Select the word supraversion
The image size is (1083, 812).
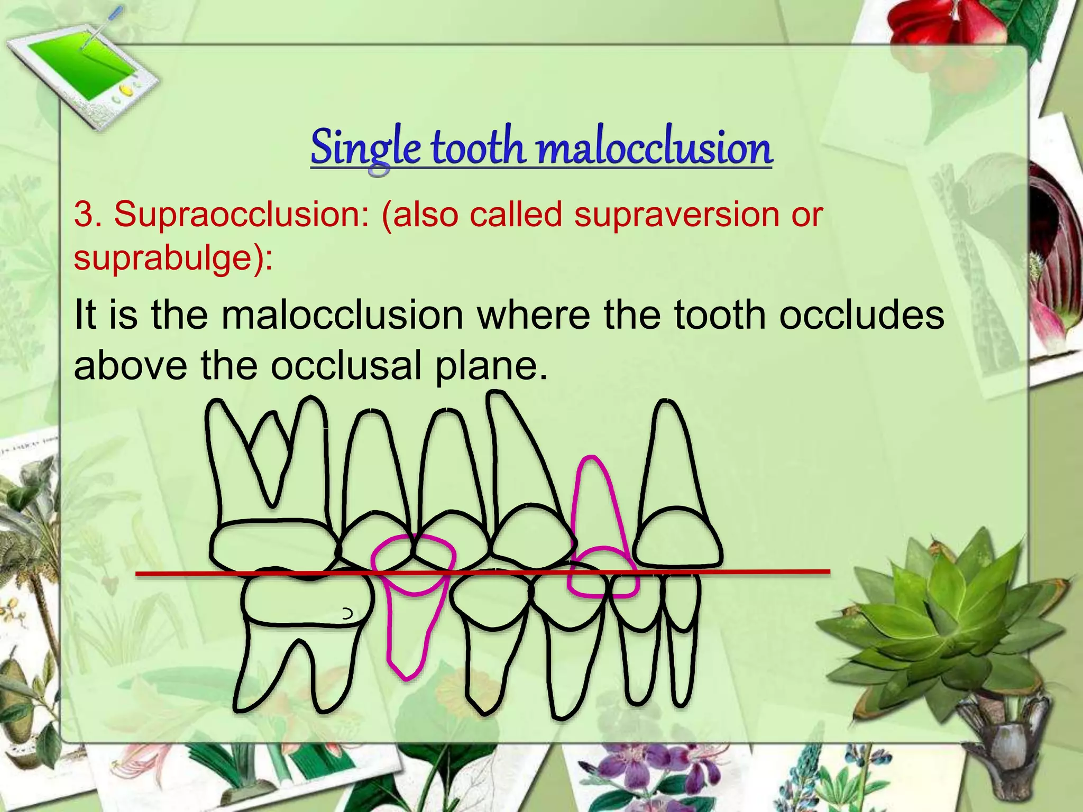coord(677,215)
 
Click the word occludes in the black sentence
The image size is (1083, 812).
coord(862,315)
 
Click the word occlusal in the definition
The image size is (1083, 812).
coord(346,366)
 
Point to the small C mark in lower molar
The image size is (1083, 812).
coord(347,614)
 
